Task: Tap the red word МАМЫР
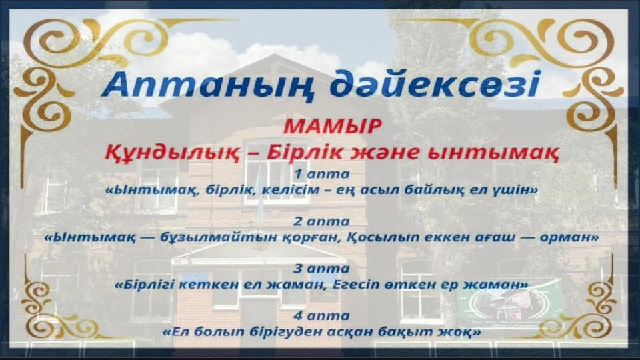click(x=332, y=127)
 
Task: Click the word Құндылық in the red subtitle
click(x=171, y=153)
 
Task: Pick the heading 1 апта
click(x=322, y=174)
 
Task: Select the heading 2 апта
click(x=322, y=221)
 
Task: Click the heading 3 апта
click(x=322, y=269)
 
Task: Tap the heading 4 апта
click(x=322, y=316)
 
